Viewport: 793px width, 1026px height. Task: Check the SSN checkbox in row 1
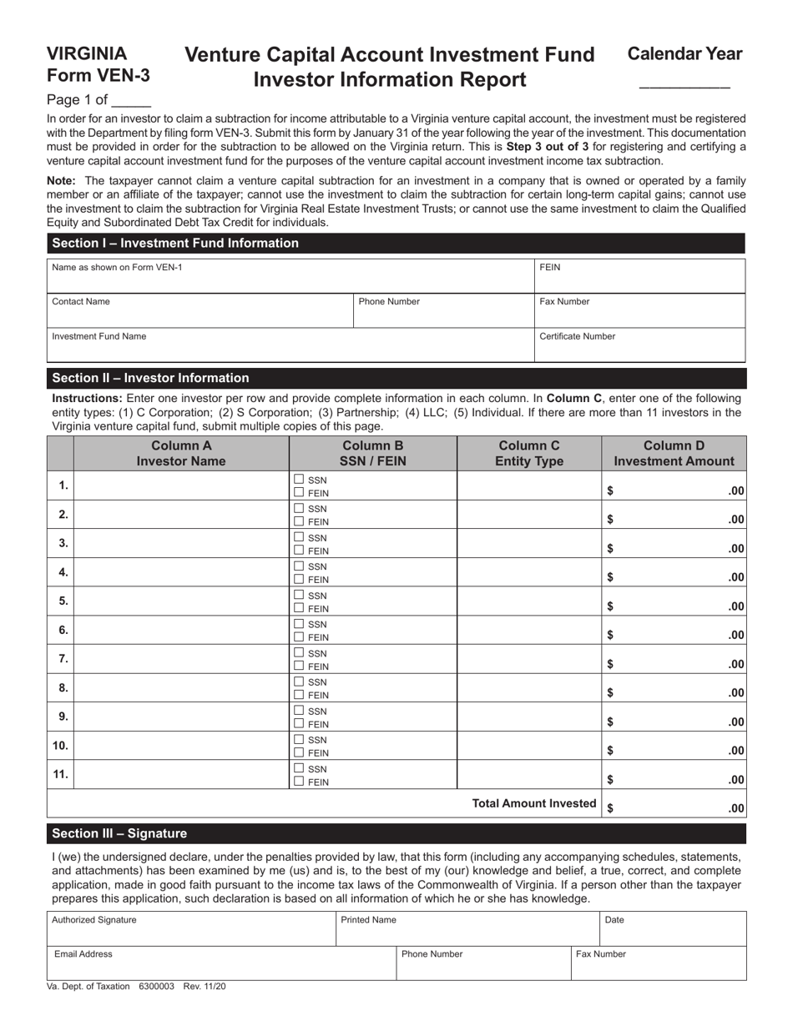[x=299, y=480]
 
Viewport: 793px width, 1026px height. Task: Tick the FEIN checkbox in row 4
[x=299, y=580]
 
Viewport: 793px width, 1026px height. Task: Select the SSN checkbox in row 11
[x=299, y=768]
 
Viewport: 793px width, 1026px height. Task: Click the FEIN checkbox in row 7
[x=299, y=666]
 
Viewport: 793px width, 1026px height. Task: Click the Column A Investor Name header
[x=181, y=453]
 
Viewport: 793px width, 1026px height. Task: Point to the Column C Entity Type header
[x=528, y=453]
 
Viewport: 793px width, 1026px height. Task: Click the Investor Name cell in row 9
[x=181, y=717]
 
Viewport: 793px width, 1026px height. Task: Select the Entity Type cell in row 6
[x=528, y=630]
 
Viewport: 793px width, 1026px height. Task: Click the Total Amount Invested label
[x=534, y=803]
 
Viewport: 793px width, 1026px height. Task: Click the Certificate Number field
[x=639, y=345]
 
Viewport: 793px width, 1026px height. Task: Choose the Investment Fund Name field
[x=290, y=345]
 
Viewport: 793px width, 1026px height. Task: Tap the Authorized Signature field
[x=191, y=928]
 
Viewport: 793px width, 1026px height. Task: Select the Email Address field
[x=220, y=963]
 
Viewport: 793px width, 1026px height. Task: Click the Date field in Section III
[x=673, y=928]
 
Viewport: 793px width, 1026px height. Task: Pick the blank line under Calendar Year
[x=684, y=83]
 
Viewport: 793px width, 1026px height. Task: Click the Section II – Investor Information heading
[x=150, y=378]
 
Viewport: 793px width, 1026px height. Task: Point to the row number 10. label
[x=60, y=745]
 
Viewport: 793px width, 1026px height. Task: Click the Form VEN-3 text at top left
[x=98, y=75]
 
